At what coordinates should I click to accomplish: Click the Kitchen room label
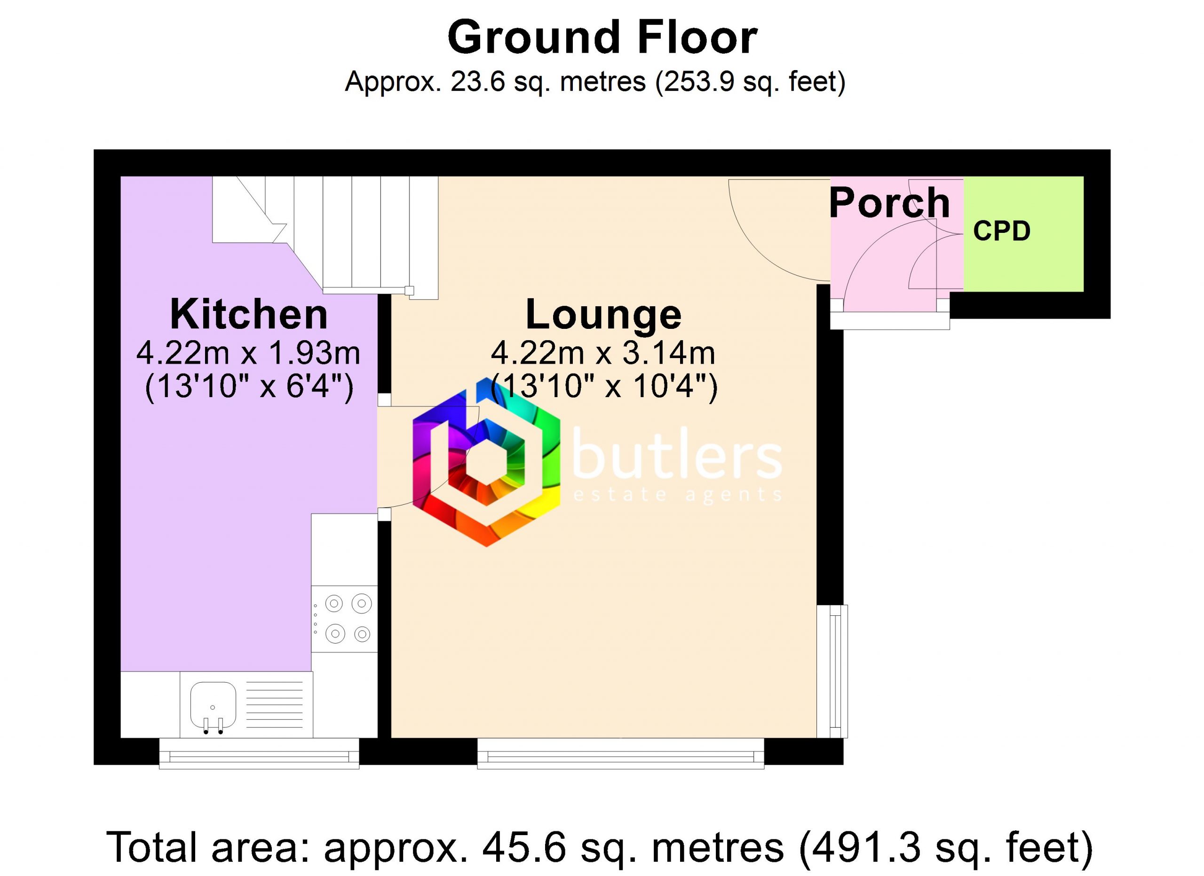click(248, 314)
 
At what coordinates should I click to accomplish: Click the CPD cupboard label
click(1002, 231)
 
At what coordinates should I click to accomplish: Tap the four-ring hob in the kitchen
click(344, 619)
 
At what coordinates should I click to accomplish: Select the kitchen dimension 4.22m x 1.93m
click(248, 353)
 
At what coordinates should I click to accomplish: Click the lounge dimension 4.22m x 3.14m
click(603, 353)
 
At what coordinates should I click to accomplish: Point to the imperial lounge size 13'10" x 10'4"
click(603, 386)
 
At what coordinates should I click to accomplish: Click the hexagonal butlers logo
click(486, 462)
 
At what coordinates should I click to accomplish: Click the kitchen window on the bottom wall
click(259, 753)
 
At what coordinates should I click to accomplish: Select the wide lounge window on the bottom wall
click(621, 753)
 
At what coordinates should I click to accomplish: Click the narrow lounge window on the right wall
click(832, 672)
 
